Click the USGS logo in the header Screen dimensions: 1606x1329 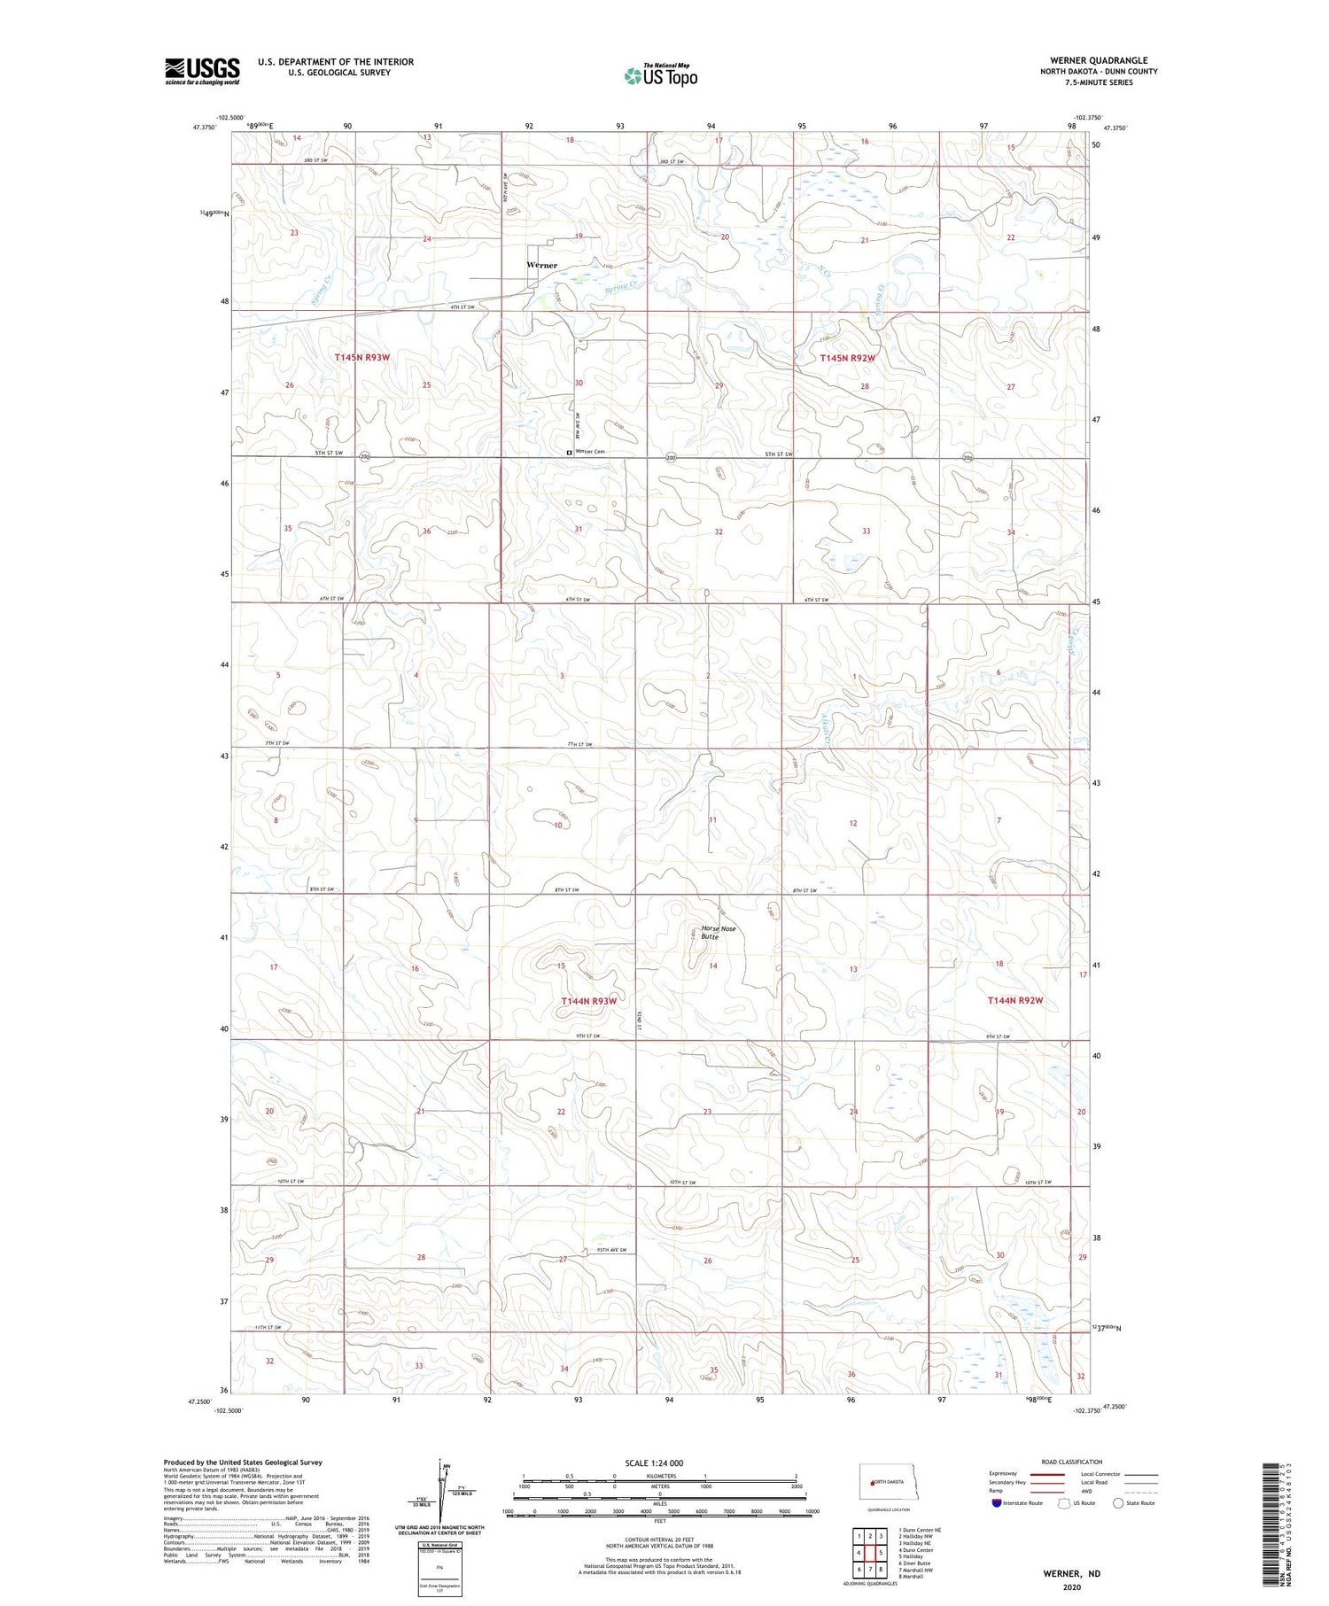[x=202, y=71]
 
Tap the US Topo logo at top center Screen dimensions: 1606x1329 [x=660, y=76]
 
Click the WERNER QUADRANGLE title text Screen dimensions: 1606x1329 [x=1099, y=60]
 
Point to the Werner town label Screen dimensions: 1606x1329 [x=541, y=265]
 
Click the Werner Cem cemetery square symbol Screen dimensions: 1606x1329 [x=569, y=452]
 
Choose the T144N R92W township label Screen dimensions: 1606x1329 [x=1015, y=1000]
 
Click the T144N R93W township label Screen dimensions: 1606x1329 [x=588, y=1000]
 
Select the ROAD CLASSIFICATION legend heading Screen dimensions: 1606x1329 [x=1070, y=1462]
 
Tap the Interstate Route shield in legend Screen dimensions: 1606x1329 [x=998, y=1502]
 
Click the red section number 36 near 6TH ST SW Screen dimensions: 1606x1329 [x=427, y=531]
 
